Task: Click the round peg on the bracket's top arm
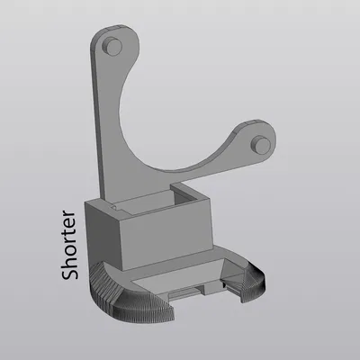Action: tap(112, 46)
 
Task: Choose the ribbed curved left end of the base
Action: tap(117, 297)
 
